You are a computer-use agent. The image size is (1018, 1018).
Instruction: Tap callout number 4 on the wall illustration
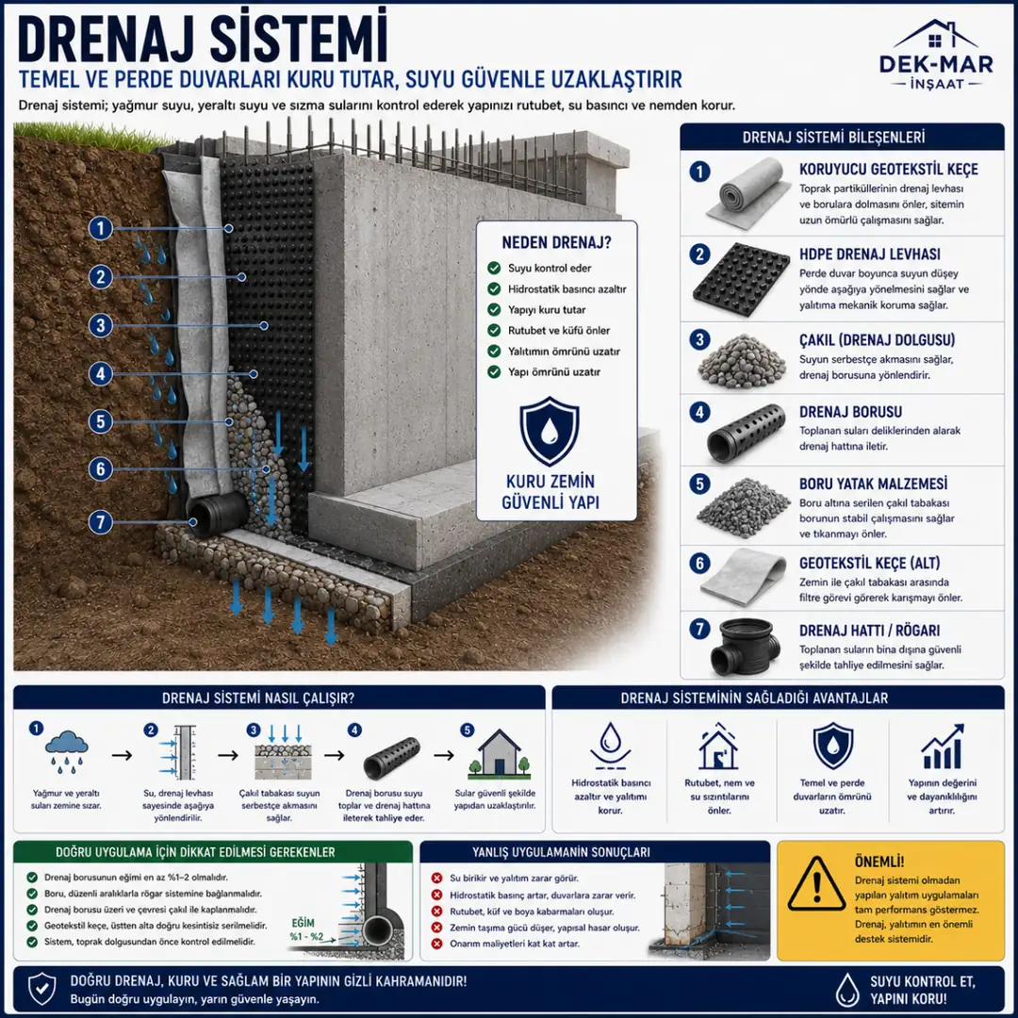coord(100,374)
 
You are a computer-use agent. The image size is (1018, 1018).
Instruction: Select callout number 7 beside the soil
coord(100,522)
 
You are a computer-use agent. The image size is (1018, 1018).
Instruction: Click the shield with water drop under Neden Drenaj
coord(550,431)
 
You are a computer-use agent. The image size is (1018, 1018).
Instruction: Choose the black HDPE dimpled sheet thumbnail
coord(741,280)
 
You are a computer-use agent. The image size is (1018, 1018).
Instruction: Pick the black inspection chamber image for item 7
coord(745,646)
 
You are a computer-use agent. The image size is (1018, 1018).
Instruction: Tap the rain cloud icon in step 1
coord(66,752)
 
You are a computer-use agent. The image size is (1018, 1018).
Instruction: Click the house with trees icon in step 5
coord(499,754)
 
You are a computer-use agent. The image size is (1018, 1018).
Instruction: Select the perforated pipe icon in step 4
coord(391,757)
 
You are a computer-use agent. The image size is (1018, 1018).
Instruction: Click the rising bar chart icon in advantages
coord(943,747)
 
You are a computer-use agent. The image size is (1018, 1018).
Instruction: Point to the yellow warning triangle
coord(816,883)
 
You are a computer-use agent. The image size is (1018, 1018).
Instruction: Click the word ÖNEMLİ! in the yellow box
coord(879,862)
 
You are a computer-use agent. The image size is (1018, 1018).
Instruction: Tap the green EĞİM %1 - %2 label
coord(305,929)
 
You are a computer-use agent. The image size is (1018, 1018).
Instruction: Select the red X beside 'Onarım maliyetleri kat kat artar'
coord(437,944)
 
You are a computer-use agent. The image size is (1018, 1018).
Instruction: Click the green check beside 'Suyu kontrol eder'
coord(494,268)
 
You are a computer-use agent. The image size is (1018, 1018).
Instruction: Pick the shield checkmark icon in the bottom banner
coord(41,990)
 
